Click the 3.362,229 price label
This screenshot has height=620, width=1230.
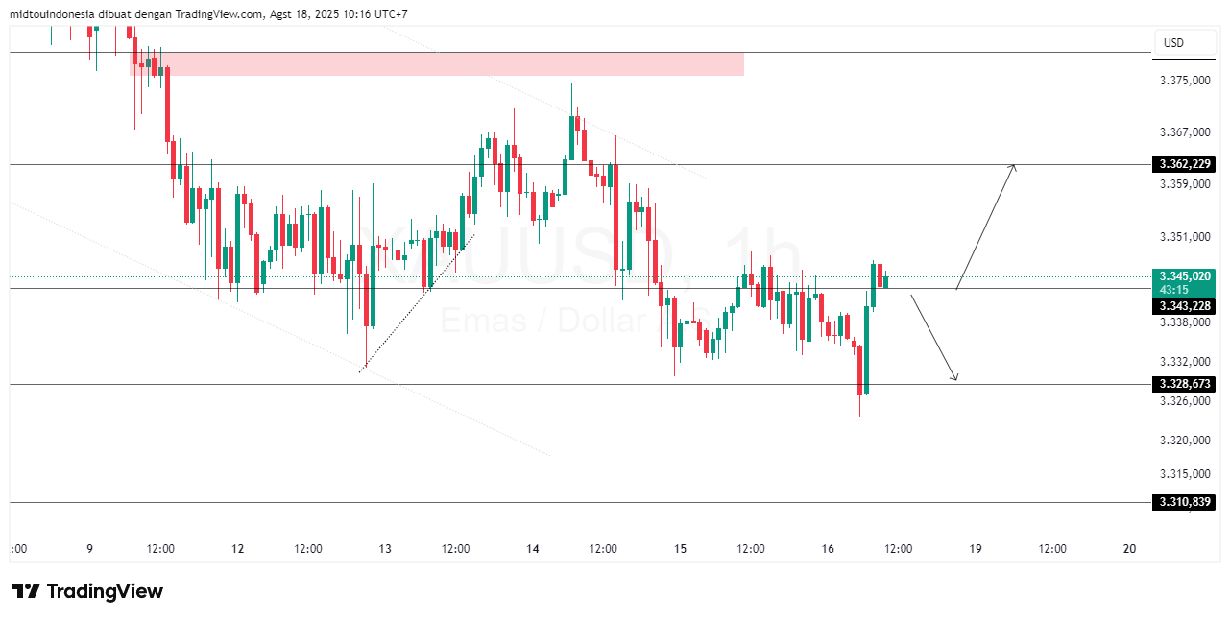(x=1185, y=164)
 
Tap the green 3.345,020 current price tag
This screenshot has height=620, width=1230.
(x=1185, y=275)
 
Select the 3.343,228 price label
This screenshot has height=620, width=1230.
(x=1185, y=306)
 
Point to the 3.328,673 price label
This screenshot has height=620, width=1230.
(x=1185, y=384)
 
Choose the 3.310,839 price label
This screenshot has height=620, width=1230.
(x=1185, y=502)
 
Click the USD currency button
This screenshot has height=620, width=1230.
(x=1173, y=43)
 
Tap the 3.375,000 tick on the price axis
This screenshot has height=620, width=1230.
(x=1185, y=81)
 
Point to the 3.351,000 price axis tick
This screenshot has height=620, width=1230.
(x=1185, y=237)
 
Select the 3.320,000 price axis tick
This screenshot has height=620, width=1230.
(x=1185, y=441)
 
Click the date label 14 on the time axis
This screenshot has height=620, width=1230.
(x=533, y=549)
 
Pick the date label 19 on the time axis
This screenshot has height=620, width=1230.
(x=976, y=549)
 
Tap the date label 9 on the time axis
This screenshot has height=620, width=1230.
(x=89, y=549)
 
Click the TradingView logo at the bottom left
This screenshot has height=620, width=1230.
(x=87, y=591)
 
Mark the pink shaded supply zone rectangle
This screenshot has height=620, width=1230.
(x=437, y=63)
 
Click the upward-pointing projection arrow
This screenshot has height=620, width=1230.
(x=986, y=226)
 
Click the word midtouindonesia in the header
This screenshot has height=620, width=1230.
(x=54, y=14)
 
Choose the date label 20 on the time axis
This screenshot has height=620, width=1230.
(x=1129, y=549)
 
